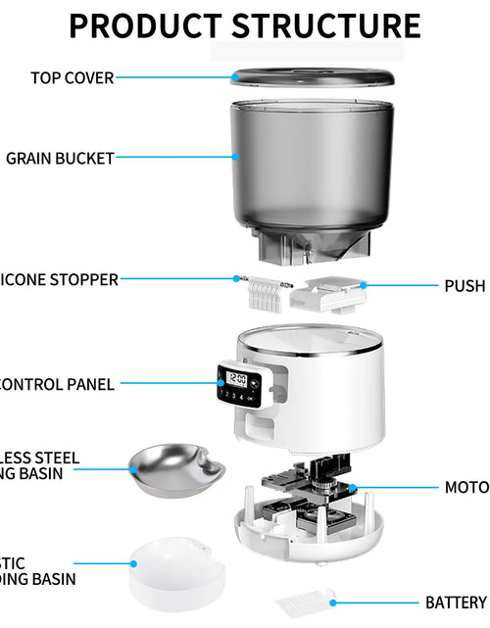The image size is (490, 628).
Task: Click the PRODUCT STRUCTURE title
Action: click(245, 26)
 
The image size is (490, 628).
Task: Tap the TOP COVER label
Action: click(73, 77)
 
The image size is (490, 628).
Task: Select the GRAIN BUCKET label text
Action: click(61, 157)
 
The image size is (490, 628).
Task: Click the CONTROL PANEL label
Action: click(57, 385)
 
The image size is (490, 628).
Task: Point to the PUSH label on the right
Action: click(465, 286)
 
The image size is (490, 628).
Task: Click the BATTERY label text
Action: click(456, 602)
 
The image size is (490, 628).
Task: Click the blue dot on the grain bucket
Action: click(235, 155)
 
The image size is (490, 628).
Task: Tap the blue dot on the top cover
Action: click(235, 77)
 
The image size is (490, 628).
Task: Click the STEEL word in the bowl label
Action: click(59, 458)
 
